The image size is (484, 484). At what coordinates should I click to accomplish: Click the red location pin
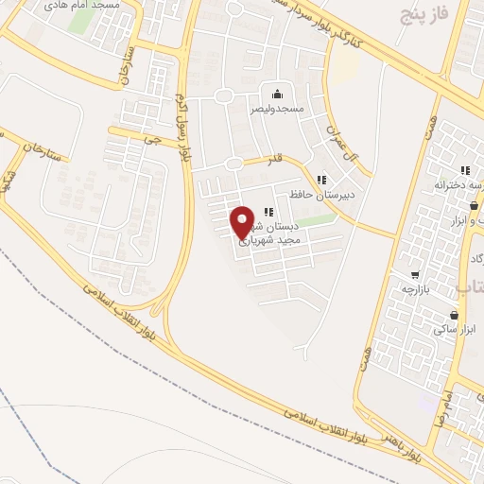tap(243, 222)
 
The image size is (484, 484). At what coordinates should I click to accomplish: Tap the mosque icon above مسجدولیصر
tap(277, 94)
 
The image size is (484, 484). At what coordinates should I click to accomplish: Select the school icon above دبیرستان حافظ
tap(321, 180)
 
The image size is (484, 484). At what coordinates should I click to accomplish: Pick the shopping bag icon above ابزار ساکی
tap(455, 315)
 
